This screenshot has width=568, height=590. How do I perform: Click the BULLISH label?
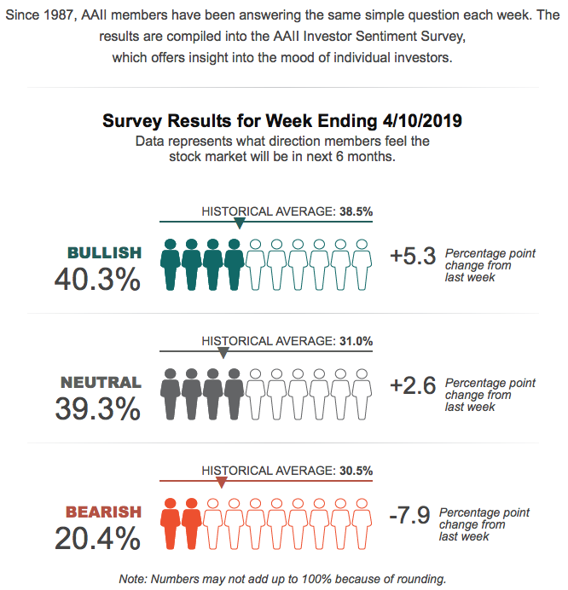(104, 252)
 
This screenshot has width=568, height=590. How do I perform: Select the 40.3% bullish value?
(97, 279)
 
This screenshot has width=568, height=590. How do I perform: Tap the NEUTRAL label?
(101, 382)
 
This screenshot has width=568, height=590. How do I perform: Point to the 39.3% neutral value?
(97, 408)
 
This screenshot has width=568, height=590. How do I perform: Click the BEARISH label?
(103, 512)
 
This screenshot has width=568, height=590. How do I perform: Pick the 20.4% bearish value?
(97, 538)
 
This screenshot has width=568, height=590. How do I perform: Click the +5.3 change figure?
(413, 255)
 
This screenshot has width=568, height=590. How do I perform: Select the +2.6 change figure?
(413, 385)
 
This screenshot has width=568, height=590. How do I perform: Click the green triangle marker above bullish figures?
(240, 224)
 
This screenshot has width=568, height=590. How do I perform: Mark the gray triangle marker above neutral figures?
(223, 353)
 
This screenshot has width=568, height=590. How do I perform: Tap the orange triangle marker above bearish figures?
(222, 483)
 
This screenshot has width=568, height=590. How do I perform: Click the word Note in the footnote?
(134, 579)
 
